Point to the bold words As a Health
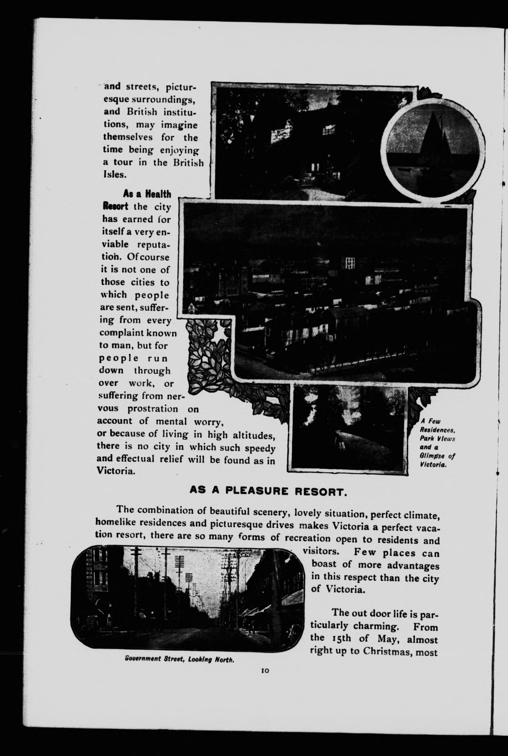coord(147,194)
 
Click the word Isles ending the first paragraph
coord(114,175)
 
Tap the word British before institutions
coord(142,112)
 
